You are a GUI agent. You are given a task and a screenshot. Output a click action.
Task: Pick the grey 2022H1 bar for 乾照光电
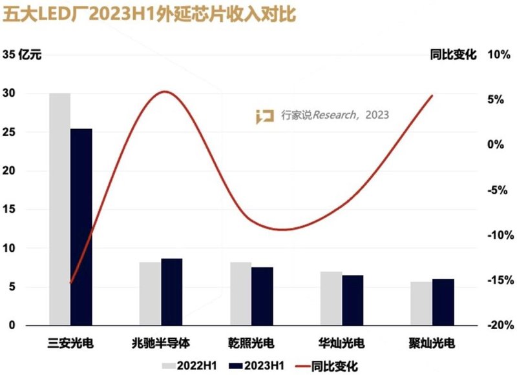[x=240, y=294]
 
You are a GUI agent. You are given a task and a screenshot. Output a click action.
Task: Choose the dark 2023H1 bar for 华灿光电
[x=353, y=300]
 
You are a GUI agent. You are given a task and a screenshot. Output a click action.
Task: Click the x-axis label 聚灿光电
[x=432, y=342]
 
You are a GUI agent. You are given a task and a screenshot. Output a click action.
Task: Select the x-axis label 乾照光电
[x=251, y=342]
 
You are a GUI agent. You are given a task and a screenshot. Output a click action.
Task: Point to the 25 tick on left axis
[x=10, y=132]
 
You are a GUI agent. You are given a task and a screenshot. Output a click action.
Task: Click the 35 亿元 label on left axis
[x=22, y=55]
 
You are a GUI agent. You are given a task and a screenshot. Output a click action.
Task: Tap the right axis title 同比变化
[x=453, y=55]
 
